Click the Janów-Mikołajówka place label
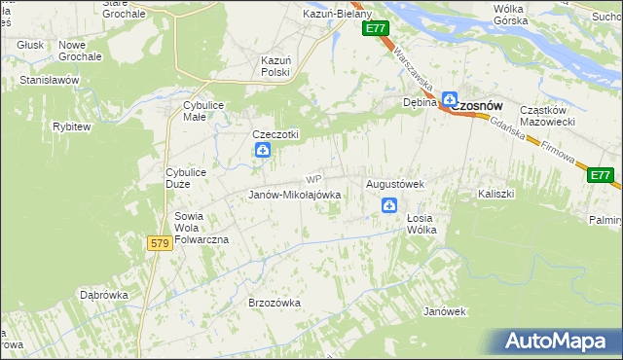pos(294,195)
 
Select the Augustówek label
pos(395,183)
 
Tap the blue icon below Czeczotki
pos(262,151)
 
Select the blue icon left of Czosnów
pos(450,98)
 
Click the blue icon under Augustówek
pos(388,205)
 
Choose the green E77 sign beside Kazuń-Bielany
pos(377,30)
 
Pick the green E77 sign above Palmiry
pos(601,175)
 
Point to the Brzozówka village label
pos(275,303)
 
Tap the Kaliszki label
pos(495,194)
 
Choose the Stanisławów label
pos(49,80)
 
